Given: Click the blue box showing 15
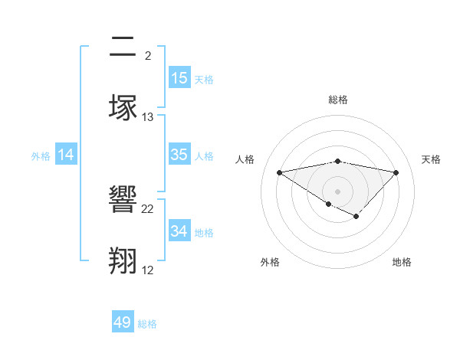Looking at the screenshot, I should click(x=179, y=78).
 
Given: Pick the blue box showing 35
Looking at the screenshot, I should click(x=179, y=155).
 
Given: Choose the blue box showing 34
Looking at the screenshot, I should click(x=179, y=231).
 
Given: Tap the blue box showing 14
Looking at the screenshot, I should click(x=66, y=155).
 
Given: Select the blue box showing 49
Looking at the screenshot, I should click(x=123, y=322).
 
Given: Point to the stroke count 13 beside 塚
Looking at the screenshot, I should click(x=148, y=117).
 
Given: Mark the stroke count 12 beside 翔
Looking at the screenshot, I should click(x=148, y=270).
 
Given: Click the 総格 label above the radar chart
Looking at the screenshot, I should click(x=338, y=100).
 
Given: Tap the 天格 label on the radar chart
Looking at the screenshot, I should click(x=431, y=159).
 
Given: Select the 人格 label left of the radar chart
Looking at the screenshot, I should click(x=245, y=159).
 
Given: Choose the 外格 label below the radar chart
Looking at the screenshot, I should click(x=270, y=262).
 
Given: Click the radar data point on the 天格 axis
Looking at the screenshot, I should click(x=396, y=172).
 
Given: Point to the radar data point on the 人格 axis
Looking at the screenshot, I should click(x=280, y=172).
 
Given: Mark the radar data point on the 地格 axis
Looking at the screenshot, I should click(x=356, y=218).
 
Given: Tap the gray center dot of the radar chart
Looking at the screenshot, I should click(x=338, y=191).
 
